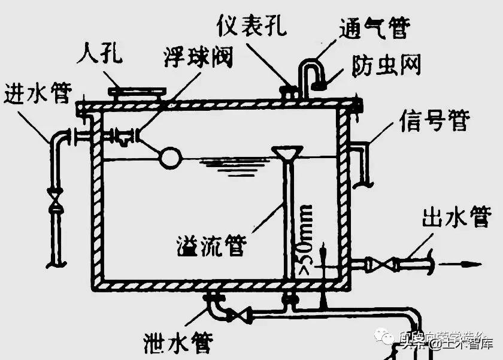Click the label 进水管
[37, 93]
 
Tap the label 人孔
[101, 55]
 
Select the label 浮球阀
[198, 57]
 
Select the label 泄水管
[177, 343]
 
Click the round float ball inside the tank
[169, 158]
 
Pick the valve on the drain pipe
[239, 314]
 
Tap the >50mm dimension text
[305, 236]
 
